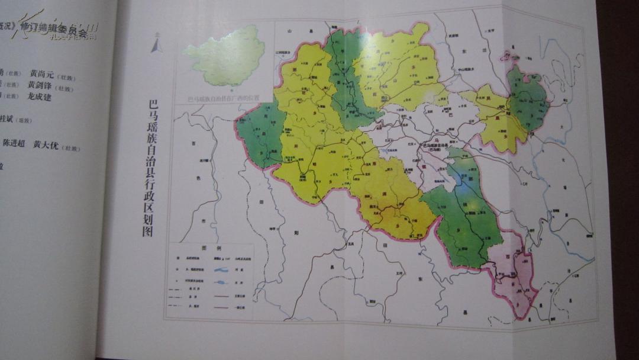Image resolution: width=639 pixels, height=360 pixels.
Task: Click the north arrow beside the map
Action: point(156,44)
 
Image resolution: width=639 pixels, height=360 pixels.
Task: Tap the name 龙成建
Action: point(38,97)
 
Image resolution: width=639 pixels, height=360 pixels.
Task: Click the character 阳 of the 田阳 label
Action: point(296,233)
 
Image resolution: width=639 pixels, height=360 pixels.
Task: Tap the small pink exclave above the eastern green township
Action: point(508,57)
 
